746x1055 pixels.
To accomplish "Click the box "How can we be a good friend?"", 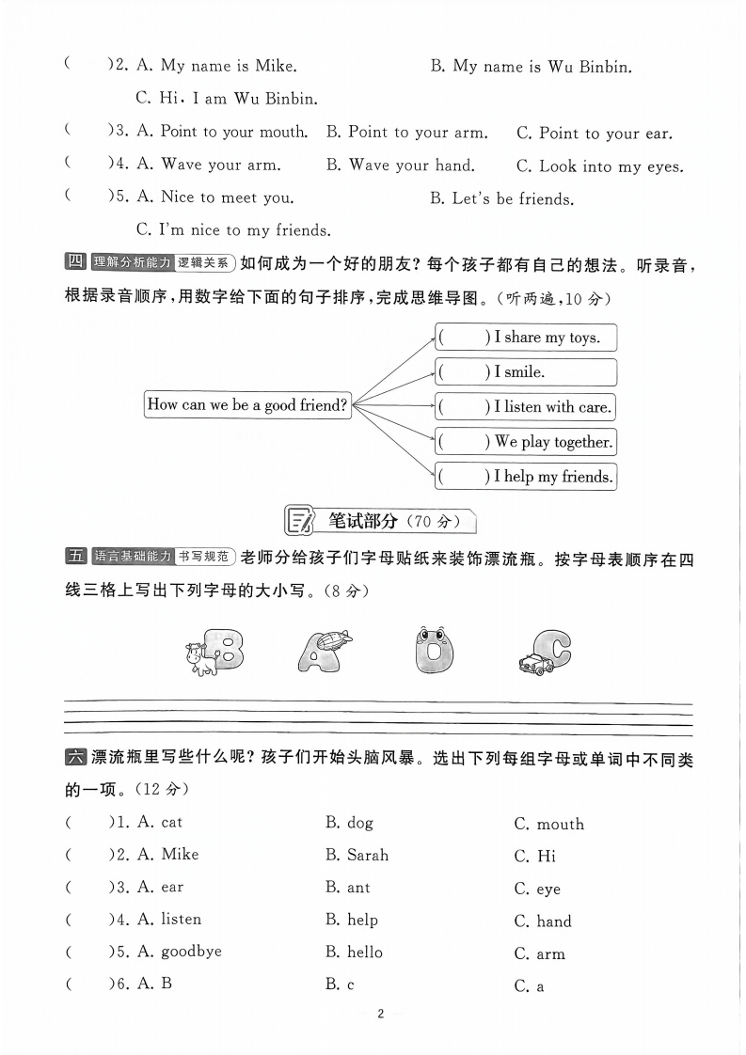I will coord(248,405).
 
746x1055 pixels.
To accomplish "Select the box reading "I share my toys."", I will coord(525,337).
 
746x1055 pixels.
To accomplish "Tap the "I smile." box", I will coord(525,371).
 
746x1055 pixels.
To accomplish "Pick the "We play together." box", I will coord(525,441).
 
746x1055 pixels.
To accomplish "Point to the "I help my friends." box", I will coord(525,476).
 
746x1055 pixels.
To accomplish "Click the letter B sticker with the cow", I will coord(216,649).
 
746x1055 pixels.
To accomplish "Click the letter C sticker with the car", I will coord(546,651).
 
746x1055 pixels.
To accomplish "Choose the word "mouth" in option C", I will coord(560,825).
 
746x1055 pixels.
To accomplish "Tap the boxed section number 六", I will coord(75,757).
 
